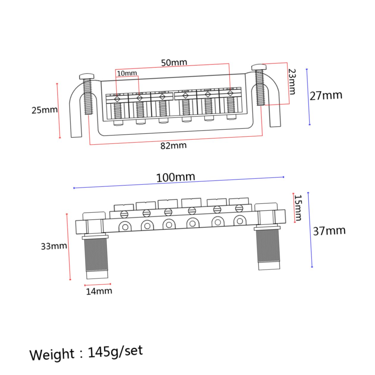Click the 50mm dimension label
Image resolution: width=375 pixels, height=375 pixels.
[x=174, y=63]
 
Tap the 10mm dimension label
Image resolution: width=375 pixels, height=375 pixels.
[x=127, y=73]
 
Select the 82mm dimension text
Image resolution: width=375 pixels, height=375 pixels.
[x=174, y=146]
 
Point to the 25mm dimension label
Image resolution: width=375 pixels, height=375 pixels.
[x=45, y=110]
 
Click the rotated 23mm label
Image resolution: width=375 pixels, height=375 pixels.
[x=292, y=81]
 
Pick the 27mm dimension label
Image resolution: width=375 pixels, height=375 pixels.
[x=326, y=96]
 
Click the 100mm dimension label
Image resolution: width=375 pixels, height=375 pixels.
[x=176, y=177]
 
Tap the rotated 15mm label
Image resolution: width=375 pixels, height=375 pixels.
[x=298, y=208]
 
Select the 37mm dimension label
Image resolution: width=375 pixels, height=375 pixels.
[x=329, y=231]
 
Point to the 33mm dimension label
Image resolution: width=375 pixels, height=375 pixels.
[x=54, y=246]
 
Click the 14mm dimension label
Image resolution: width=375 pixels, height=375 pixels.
[x=99, y=291]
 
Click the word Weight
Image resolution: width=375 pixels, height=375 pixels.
[x=52, y=354]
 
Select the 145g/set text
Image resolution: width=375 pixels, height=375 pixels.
[x=115, y=352]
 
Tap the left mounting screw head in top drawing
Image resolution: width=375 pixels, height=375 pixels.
[x=86, y=76]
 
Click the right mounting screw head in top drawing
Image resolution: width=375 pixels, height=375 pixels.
[x=259, y=67]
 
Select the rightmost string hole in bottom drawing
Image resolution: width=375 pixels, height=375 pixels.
[x=239, y=221]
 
